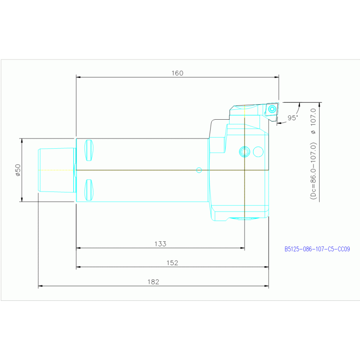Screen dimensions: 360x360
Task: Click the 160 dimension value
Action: pos(177,73)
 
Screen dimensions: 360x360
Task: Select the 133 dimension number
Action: pos(160,244)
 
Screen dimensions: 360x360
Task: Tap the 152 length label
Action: pos(172,263)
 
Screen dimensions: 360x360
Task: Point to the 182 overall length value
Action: pos(153,282)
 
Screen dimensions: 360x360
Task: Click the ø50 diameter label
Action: pos(18,170)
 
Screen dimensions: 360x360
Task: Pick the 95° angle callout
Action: pos(293,118)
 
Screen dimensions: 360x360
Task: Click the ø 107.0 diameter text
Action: pos(313,121)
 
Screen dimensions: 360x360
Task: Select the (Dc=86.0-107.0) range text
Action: pos(313,171)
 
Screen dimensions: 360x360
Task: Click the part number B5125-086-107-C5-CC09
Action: pos(317,249)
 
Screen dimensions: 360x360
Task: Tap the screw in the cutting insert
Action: pos(272,109)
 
